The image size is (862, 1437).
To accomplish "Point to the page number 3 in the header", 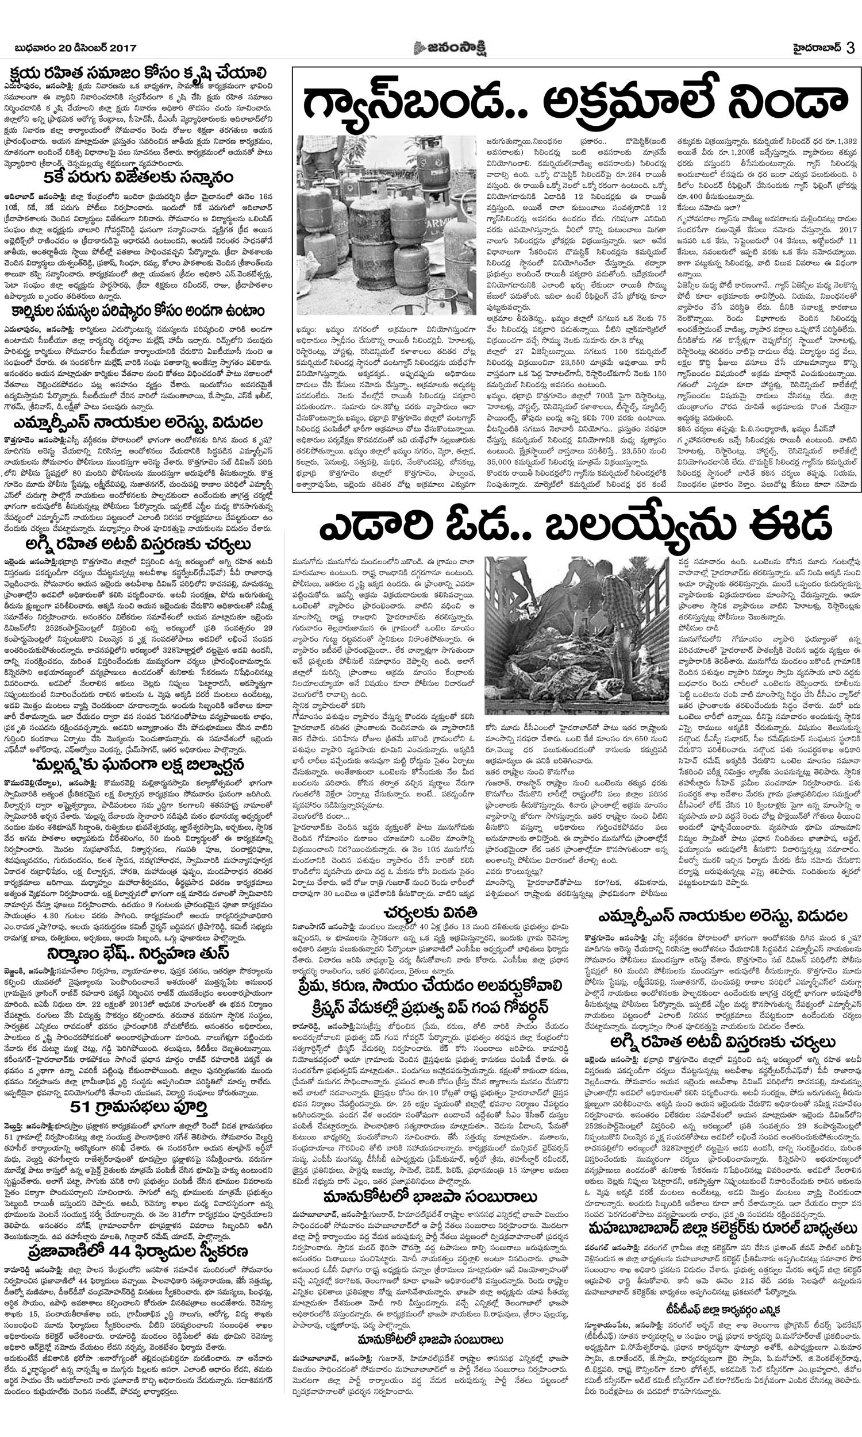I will pyautogui.click(x=851, y=48).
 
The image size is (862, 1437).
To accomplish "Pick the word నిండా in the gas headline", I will pyautogui.click(x=779, y=104).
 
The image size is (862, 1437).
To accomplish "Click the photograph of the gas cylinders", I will pyautogui.click(x=387, y=225).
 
